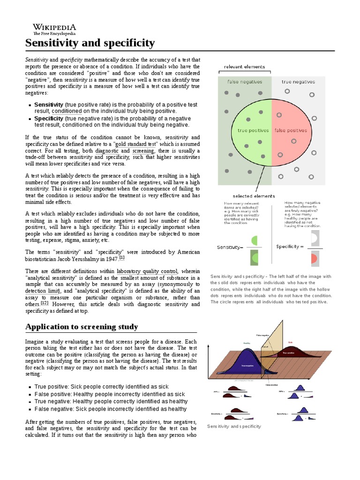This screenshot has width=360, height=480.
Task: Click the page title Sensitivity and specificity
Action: pos(90,44)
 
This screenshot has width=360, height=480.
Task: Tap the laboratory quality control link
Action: pos(147,271)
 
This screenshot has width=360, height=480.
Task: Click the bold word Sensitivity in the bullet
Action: pos(49,105)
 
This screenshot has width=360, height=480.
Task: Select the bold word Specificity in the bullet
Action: pos(49,119)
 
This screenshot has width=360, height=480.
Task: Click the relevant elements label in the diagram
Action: pos(244,67)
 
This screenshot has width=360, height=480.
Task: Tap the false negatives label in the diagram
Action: pos(245,82)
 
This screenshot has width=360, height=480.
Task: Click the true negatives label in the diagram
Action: pos(298,82)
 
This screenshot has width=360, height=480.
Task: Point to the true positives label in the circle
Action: pos(253,131)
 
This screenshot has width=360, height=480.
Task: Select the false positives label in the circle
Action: pos(290,131)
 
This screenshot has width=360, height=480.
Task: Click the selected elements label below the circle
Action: pos(254,196)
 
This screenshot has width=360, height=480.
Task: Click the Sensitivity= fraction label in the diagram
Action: pos(230,247)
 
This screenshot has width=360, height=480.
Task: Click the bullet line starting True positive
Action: pos(101,387)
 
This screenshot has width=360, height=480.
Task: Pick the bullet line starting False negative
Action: pos(104,409)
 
